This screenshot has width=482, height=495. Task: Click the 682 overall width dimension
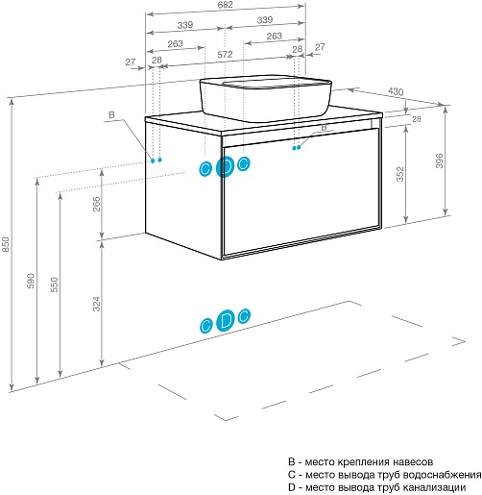click(226, 5)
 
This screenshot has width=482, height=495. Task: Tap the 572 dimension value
click(225, 55)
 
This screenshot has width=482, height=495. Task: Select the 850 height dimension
click(7, 244)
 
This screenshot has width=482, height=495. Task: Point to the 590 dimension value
click(31, 281)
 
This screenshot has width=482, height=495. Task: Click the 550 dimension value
click(55, 285)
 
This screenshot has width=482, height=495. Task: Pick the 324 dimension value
click(96, 304)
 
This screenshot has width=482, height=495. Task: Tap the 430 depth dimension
click(396, 91)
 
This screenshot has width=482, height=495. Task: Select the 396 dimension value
click(440, 161)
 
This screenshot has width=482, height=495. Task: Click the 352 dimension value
click(400, 174)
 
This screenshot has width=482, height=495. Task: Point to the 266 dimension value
click(96, 204)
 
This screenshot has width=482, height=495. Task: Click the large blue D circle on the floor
click(226, 320)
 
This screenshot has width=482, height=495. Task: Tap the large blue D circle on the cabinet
click(226, 166)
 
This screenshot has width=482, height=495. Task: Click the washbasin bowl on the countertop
click(265, 98)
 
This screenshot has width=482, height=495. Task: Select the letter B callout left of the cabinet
click(111, 114)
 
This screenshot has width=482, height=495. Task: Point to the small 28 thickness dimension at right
click(416, 119)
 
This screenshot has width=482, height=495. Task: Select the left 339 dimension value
click(185, 25)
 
